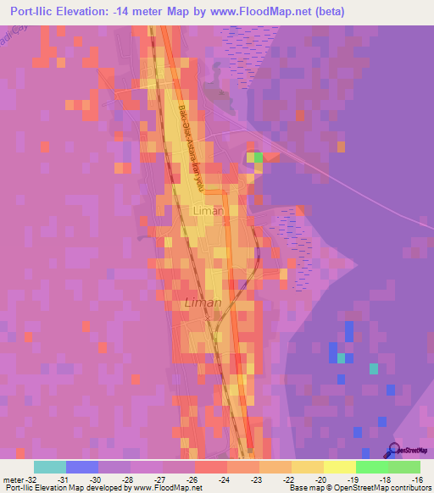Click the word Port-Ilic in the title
37,10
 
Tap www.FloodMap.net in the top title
299,10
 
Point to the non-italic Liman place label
209,210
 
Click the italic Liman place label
203,302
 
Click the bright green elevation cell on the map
254,157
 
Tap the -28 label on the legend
127,479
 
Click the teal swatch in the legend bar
49,467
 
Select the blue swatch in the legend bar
81,467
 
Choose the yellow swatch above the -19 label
339,467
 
